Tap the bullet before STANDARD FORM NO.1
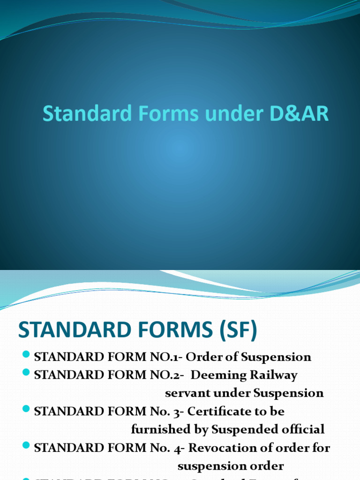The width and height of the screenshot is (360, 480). pyautogui.click(x=26, y=354)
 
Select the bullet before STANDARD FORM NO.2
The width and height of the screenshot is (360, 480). pyautogui.click(x=26, y=373)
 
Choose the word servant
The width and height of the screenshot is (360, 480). pyautogui.click(x=186, y=393)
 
